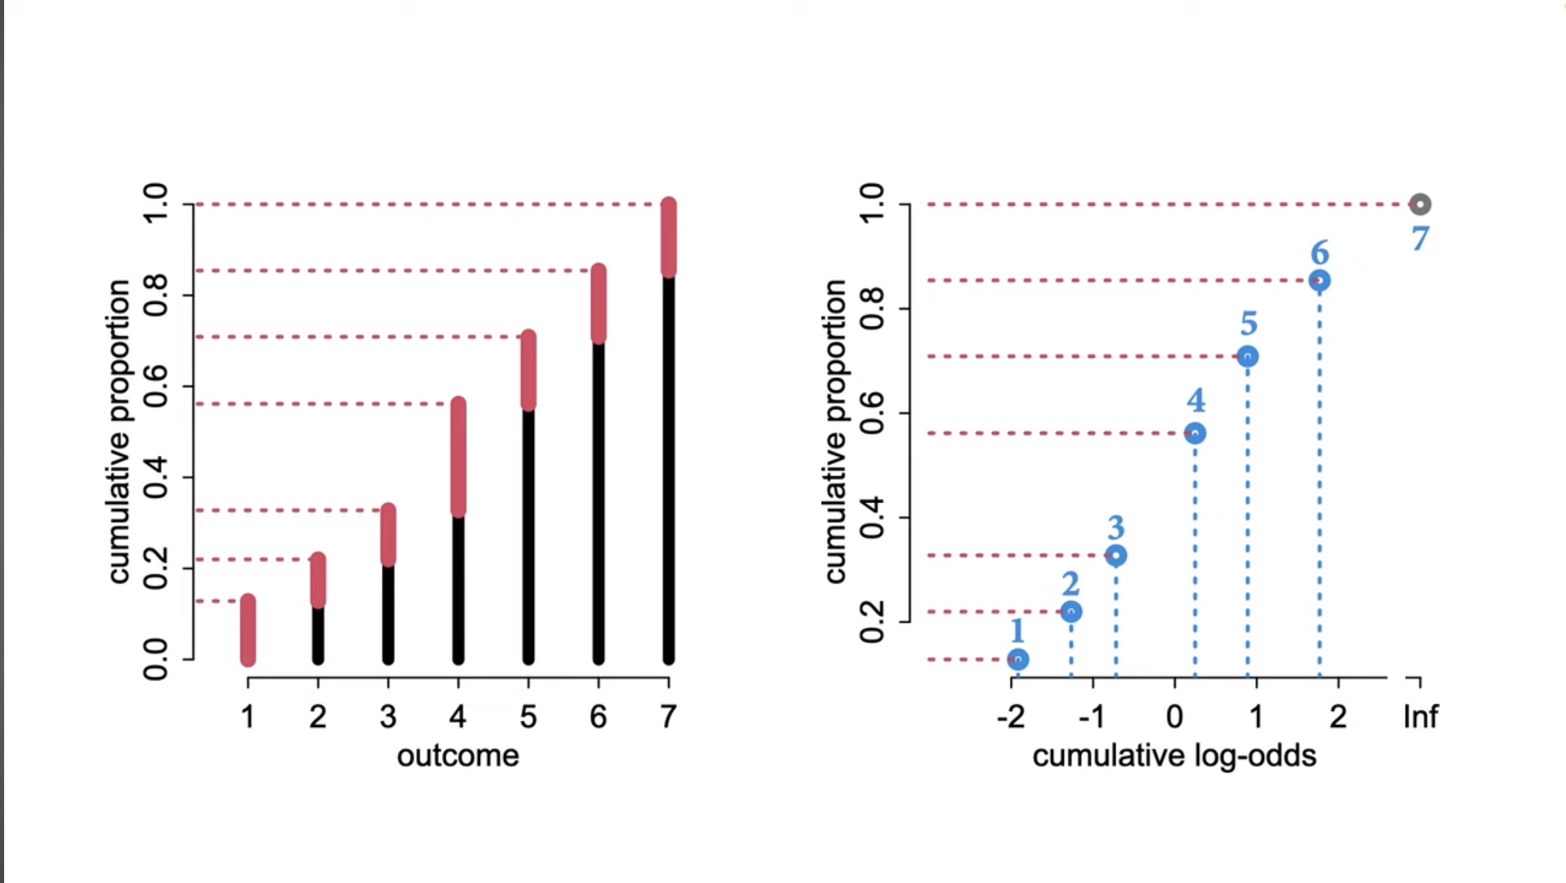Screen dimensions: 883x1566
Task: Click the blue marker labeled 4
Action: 1195,433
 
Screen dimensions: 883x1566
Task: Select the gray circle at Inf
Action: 1420,204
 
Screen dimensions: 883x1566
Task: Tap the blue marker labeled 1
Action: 1018,659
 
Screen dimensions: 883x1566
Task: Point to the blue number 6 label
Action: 1320,253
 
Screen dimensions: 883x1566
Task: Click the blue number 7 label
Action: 1420,239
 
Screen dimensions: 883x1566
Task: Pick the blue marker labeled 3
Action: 1116,555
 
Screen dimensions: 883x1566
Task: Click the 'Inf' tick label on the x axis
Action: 1420,717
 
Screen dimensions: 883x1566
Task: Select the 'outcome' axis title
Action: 458,756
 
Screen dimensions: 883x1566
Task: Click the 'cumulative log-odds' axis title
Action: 1174,756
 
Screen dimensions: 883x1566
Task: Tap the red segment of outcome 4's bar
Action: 459,457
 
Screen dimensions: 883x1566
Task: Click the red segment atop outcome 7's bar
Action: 669,237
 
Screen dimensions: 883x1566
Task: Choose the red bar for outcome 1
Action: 248,630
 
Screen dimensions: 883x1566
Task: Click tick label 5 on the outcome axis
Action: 528,717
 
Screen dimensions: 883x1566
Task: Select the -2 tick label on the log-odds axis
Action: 1011,717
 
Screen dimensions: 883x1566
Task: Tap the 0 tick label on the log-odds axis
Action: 1175,717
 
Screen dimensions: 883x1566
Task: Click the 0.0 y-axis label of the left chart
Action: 155,659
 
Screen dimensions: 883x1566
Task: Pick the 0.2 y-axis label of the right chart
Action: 872,622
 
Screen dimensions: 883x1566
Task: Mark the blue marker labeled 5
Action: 1248,357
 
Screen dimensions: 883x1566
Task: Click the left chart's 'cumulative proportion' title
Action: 119,431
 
